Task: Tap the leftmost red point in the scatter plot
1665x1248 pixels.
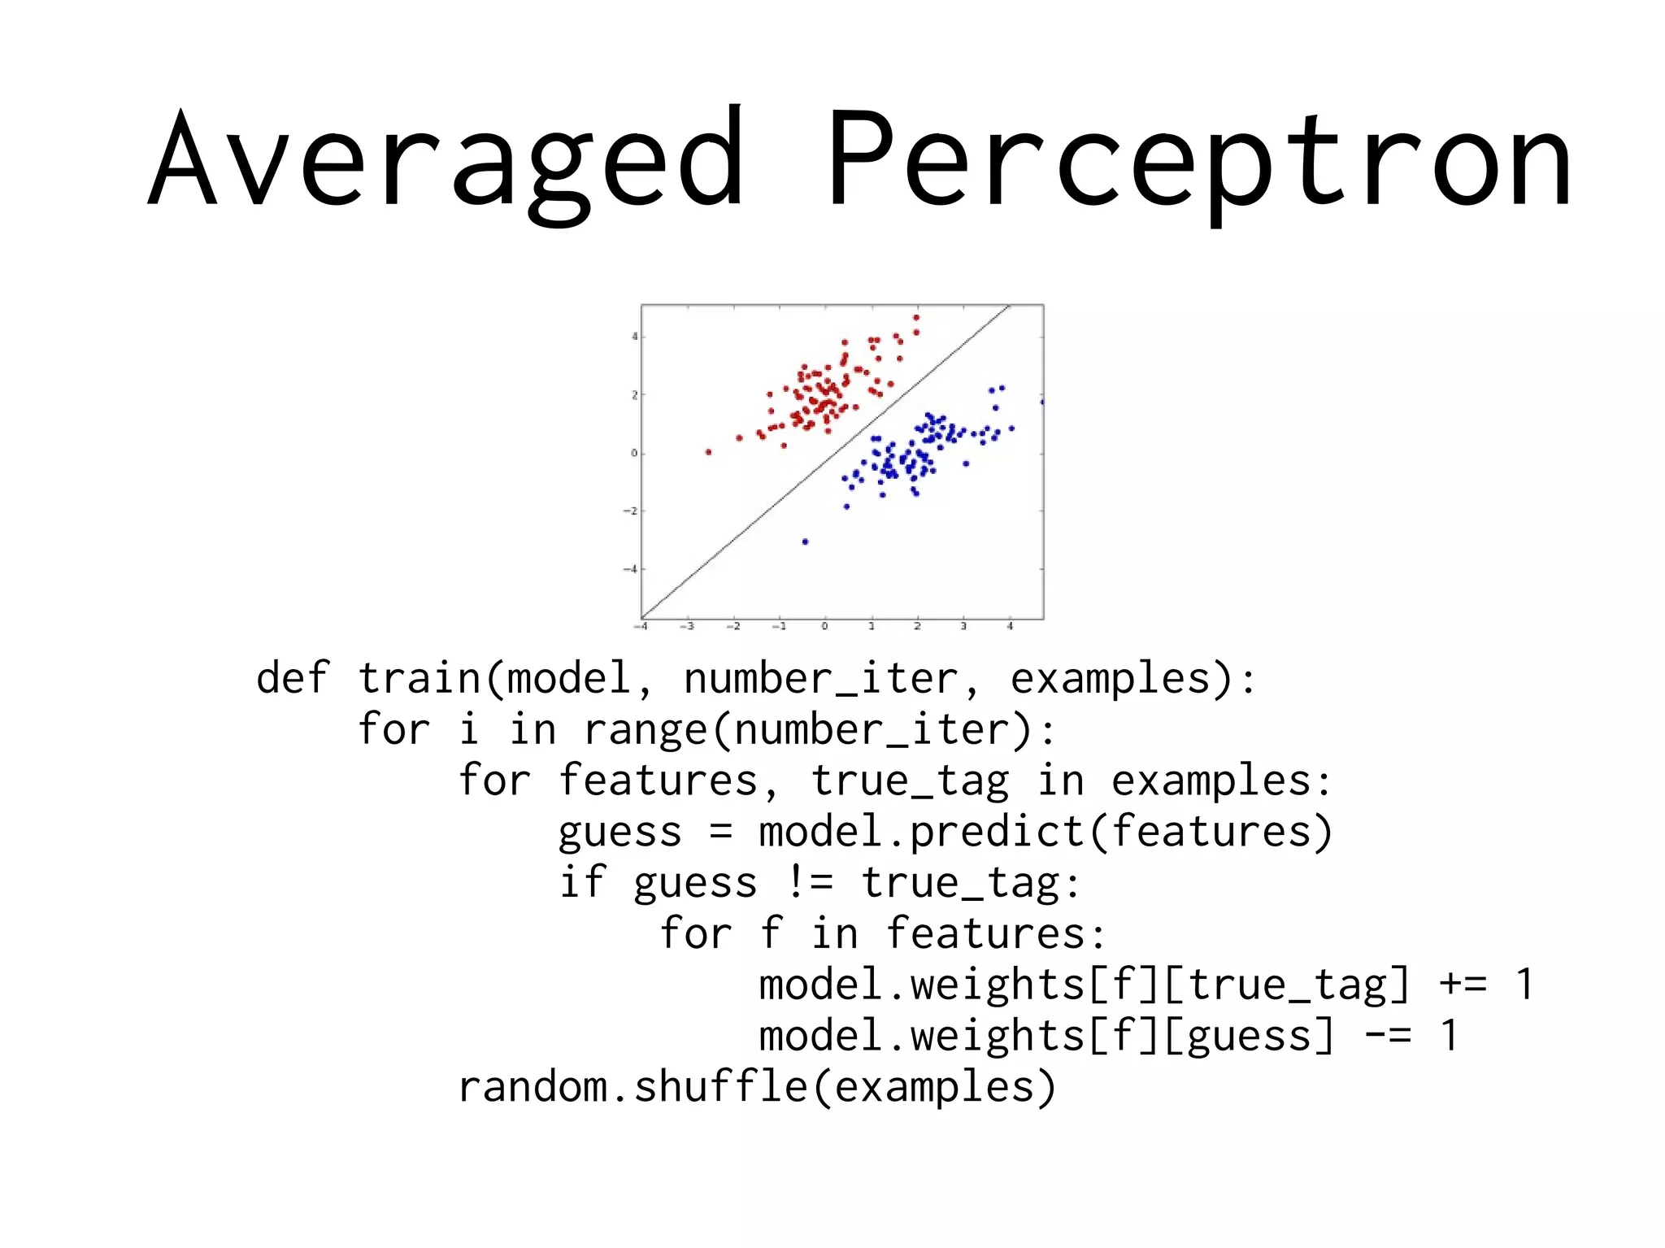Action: (708, 452)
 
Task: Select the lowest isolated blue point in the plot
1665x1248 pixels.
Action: (805, 541)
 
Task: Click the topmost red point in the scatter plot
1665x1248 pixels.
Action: (916, 318)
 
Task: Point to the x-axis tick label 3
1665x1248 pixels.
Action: (963, 627)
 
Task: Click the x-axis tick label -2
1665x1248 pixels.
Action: (733, 627)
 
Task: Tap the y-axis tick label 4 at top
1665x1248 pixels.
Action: (635, 337)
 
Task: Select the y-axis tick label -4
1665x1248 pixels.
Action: (631, 569)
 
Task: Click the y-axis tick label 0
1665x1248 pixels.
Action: (634, 453)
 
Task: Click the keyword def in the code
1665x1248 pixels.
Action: (292, 678)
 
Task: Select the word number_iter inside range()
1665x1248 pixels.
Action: (881, 729)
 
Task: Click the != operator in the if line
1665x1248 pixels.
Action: (810, 882)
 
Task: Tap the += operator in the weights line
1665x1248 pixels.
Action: (1463, 984)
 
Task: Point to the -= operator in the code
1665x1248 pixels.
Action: (1389, 1035)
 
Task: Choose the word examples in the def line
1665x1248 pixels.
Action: (1111, 678)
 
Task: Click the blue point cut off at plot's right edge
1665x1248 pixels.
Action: (1041, 402)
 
